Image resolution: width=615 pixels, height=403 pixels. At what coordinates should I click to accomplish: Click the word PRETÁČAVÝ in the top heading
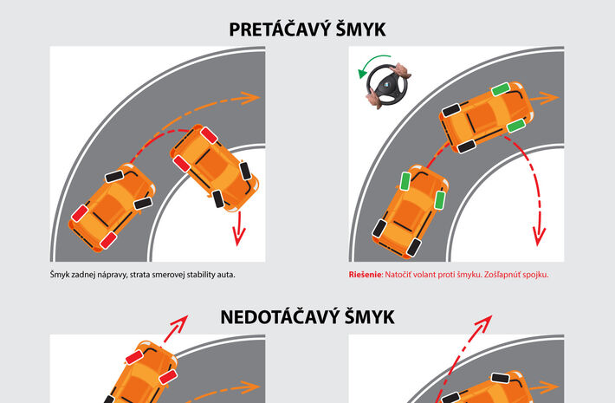click(275, 29)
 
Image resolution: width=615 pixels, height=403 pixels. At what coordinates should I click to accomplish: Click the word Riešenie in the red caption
click(366, 274)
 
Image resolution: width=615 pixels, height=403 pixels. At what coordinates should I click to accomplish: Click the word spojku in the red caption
click(536, 275)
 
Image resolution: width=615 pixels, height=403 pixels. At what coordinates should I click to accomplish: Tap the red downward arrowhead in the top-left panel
click(238, 236)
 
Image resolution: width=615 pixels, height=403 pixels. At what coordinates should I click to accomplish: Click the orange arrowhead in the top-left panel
click(250, 98)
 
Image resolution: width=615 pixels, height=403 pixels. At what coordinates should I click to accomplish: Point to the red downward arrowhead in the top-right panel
click(540, 237)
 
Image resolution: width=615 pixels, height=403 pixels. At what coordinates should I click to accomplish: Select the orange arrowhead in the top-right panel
click(549, 98)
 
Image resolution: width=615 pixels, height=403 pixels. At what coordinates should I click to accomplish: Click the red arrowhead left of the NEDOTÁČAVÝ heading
click(179, 323)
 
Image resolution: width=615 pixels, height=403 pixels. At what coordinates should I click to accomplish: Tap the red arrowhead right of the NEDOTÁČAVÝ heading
click(484, 323)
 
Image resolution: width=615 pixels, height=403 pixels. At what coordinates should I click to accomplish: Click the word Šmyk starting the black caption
click(60, 275)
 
